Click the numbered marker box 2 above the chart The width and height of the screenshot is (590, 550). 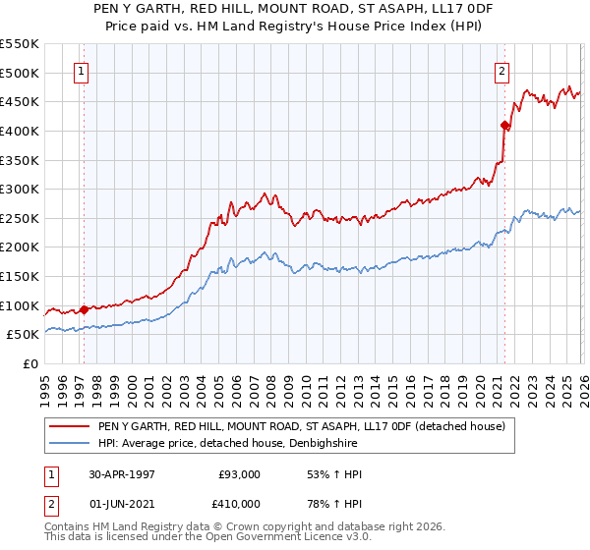[501, 70]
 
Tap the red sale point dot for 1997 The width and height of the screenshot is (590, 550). [85, 309]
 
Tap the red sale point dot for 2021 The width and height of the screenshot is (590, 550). [504, 125]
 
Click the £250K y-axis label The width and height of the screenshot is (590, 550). [20, 218]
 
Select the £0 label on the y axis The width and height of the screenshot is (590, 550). [31, 363]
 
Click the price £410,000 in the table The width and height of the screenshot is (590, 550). [239, 504]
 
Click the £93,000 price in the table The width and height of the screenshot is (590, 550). [239, 474]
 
